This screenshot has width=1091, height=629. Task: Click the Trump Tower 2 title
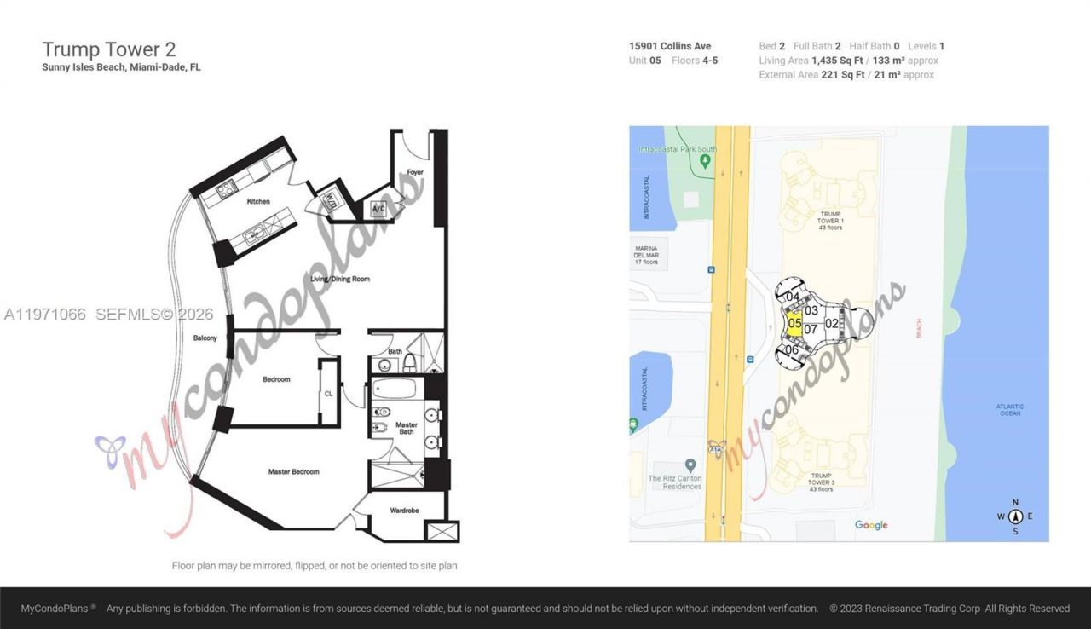coord(109,49)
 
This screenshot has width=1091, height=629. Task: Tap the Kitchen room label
coord(258,202)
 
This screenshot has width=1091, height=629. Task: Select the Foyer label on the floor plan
coord(415,173)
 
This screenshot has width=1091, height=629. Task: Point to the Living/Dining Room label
coord(340,279)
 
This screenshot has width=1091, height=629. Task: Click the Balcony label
coord(205,338)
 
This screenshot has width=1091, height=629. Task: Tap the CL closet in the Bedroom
coord(328,394)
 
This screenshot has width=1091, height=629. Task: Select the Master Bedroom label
coord(293,471)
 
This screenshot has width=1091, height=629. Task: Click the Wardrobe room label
coord(404,511)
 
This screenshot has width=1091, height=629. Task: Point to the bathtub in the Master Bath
coord(395,389)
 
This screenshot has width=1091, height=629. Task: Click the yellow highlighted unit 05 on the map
coord(794,324)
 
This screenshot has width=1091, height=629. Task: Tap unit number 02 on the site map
coord(832,323)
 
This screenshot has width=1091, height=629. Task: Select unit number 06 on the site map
coord(792,349)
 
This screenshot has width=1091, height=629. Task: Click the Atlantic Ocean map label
coord(1010,410)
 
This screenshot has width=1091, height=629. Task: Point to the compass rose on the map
coord(1015,516)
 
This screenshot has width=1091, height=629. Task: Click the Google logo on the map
coord(871,525)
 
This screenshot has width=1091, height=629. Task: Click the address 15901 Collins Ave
coord(670,46)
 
